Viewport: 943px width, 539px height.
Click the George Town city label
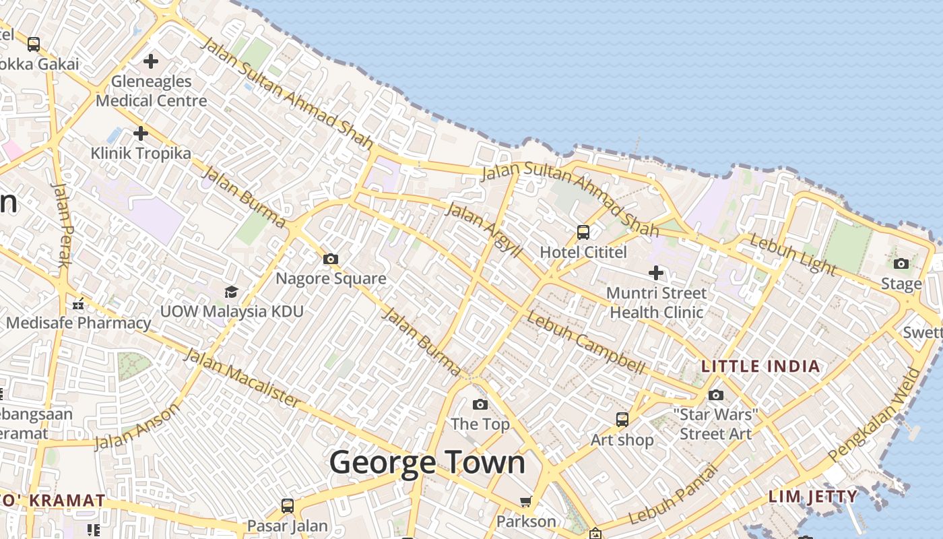427,464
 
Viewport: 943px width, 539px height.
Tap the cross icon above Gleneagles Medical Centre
151,61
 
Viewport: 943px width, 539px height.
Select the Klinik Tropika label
141,153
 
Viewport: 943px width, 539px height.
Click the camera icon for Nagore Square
330,259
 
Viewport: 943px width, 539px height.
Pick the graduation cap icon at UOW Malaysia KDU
231,292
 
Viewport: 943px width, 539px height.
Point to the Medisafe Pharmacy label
79,323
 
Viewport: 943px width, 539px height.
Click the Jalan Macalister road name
242,378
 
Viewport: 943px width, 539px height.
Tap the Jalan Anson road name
137,426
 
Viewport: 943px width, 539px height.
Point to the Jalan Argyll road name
484,230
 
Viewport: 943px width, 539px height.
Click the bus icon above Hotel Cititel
583,232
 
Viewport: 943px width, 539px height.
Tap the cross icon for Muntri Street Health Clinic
656,273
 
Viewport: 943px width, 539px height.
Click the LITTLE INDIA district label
760,367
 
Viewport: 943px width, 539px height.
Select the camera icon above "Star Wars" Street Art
716,395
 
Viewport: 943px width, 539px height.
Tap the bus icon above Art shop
622,420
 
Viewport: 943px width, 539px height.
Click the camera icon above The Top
480,404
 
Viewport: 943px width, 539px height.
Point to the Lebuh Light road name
792,255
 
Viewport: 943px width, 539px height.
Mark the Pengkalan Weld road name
874,415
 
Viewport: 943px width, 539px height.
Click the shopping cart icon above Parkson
526,501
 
